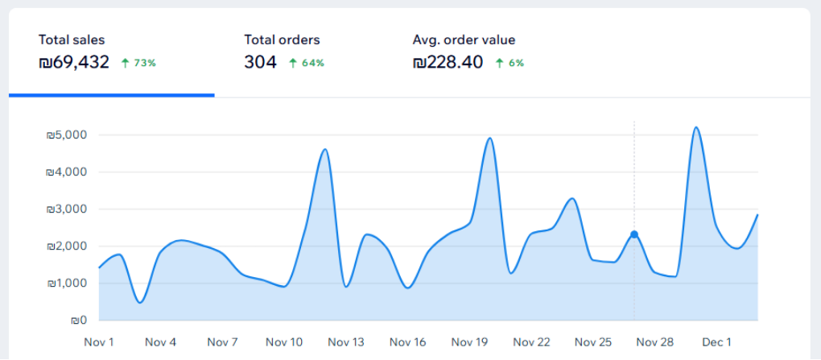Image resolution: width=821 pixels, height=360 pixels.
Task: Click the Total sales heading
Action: click(72, 39)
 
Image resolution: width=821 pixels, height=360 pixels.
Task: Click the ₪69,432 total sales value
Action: click(74, 62)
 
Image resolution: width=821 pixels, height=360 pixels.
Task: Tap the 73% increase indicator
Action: click(138, 63)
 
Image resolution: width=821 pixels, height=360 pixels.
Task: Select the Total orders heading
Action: click(282, 39)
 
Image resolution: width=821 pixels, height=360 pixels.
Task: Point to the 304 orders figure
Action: click(260, 62)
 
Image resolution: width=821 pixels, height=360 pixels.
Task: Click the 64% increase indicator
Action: click(307, 63)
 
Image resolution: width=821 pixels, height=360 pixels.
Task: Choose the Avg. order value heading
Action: click(464, 39)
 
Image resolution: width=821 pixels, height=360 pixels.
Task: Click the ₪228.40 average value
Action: click(448, 62)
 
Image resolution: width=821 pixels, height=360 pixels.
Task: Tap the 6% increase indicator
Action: click(510, 63)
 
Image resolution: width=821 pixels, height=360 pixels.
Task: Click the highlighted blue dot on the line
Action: click(634, 234)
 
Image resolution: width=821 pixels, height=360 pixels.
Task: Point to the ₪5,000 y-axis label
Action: click(67, 135)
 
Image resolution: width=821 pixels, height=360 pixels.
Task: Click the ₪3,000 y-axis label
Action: click(67, 209)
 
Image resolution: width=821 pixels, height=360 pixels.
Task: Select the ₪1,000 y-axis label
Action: click(67, 283)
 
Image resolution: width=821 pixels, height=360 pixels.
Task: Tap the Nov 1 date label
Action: click(99, 342)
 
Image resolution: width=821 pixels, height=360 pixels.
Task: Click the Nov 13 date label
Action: click(346, 342)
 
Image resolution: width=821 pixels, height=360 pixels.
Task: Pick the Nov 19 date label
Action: click(469, 342)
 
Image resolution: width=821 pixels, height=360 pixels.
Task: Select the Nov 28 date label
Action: click(654, 342)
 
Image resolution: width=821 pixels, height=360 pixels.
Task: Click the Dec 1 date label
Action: click(716, 342)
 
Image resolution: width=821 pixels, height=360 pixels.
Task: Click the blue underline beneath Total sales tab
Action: click(112, 95)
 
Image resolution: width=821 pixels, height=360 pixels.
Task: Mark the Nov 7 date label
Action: click(222, 342)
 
